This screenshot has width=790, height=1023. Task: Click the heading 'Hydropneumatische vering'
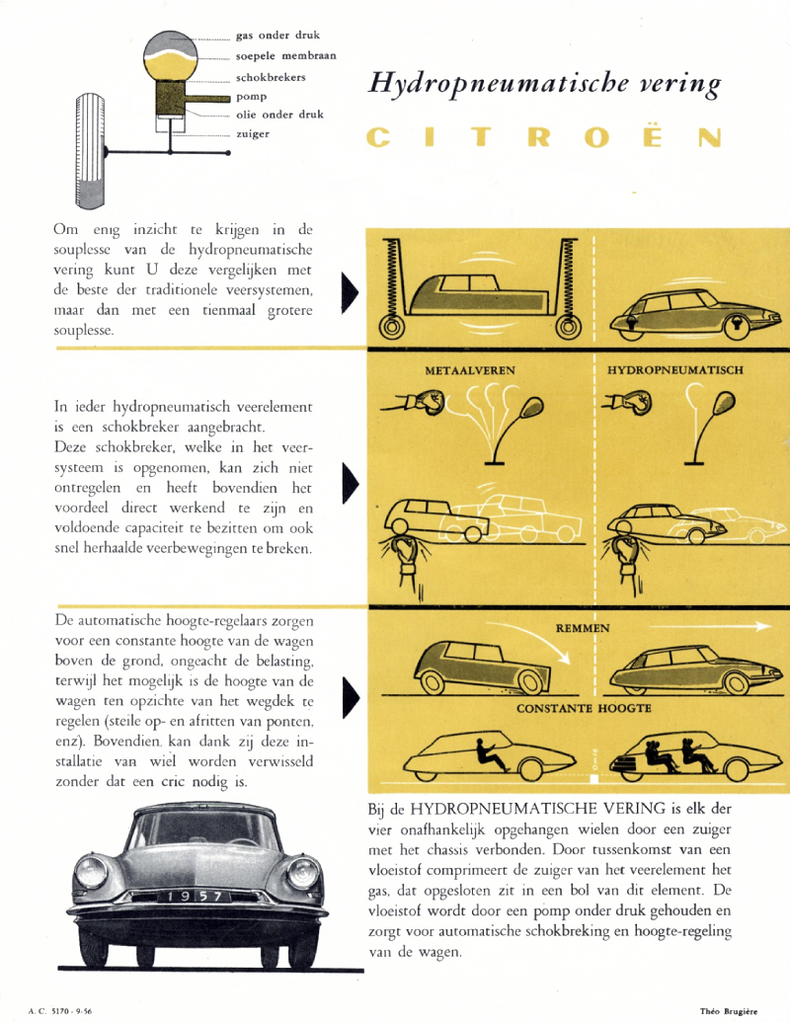pyautogui.click(x=544, y=84)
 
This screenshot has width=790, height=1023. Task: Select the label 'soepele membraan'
pyautogui.click(x=285, y=55)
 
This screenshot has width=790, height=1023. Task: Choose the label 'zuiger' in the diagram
pyautogui.click(x=253, y=133)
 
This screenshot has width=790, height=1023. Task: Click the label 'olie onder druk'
pyautogui.click(x=274, y=115)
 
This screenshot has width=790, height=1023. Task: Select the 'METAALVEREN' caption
pyautogui.click(x=471, y=371)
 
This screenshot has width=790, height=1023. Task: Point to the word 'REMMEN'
pyautogui.click(x=583, y=628)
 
